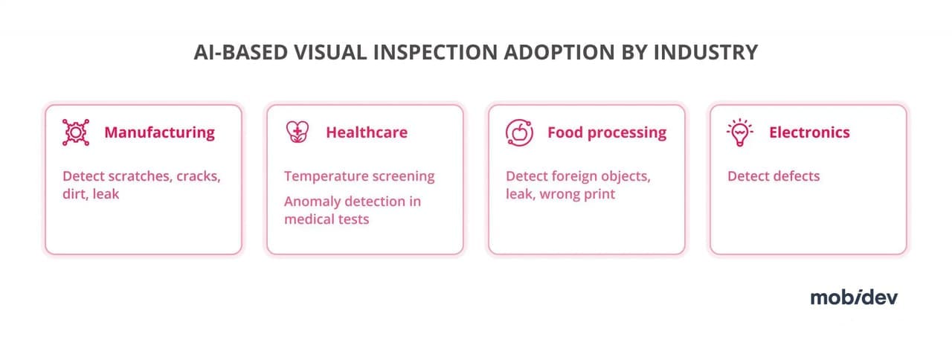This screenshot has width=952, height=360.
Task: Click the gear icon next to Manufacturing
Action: point(76,132)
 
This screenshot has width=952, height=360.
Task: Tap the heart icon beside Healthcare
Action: point(297,132)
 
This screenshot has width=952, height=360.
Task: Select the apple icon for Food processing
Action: point(519,132)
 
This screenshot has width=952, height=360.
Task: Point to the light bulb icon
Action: point(740,132)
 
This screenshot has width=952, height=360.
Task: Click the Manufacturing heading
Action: point(159,132)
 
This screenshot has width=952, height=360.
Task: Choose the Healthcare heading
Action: point(367,132)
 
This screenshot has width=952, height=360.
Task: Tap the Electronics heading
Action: point(810,132)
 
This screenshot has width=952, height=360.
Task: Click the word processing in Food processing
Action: point(627,133)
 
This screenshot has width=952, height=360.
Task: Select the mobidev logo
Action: point(855,297)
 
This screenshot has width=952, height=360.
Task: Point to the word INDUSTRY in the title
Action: point(706,52)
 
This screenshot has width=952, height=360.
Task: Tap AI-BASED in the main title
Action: point(241,52)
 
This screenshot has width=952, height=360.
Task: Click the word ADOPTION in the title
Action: point(559,52)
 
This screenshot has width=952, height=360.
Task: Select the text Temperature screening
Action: point(359,176)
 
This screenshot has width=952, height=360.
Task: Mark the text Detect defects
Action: point(773,176)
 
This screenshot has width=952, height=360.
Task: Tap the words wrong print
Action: point(577,194)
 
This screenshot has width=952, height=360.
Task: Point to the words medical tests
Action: point(327,219)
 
